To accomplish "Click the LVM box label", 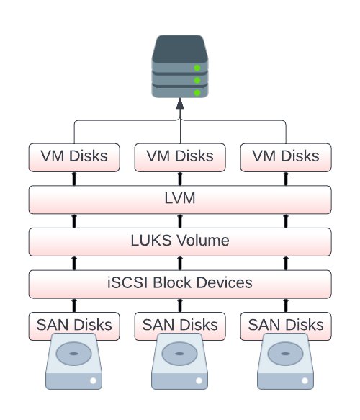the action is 180,198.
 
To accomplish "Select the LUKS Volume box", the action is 180,242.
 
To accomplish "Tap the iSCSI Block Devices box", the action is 180,284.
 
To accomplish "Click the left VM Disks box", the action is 74,158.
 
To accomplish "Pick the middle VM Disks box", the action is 180,158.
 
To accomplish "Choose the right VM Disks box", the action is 286,158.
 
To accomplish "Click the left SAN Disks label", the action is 74,325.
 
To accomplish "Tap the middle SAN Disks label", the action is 180,325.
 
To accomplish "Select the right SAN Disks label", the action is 286,325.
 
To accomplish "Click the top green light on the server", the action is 197,68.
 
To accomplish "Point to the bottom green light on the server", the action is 197,93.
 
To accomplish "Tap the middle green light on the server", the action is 197,80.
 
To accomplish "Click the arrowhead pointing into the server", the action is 180,104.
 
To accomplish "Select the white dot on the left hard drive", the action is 93,380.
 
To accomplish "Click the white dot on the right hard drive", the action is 305,380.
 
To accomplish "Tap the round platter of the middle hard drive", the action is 179,354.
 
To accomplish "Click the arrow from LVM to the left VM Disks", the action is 74,179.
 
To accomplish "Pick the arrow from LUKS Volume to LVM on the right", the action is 286,221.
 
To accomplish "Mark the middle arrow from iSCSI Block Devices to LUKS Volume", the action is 180,263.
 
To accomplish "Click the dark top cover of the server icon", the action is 180,49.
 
